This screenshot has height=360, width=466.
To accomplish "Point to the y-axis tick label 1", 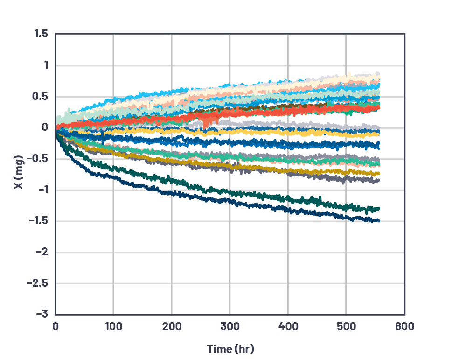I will pyautogui.click(x=45, y=65).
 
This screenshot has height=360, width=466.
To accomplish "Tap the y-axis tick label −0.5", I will pyautogui.click(x=39, y=159).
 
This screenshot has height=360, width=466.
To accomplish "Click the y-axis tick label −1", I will pyautogui.click(x=42, y=190).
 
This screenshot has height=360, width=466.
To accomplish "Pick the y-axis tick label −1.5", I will pyautogui.click(x=39, y=221).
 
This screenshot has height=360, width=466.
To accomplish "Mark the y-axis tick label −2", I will pyautogui.click(x=42, y=252).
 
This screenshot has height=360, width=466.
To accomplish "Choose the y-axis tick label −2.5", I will pyautogui.click(x=38, y=283).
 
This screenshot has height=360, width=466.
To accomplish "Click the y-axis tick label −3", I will pyautogui.click(x=42, y=314).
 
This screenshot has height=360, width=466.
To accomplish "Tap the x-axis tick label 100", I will pyautogui.click(x=113, y=326).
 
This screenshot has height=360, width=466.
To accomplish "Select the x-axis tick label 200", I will pyautogui.click(x=171, y=326).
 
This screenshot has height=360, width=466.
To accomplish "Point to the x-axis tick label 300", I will pyautogui.click(x=230, y=326).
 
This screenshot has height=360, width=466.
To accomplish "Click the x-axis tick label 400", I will pyautogui.click(x=288, y=326).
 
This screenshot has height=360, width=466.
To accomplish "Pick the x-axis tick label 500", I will pyautogui.click(x=346, y=326).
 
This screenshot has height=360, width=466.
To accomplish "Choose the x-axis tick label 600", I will pyautogui.click(x=404, y=326).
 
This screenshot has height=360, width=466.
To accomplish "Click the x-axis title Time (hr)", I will pyautogui.click(x=230, y=349).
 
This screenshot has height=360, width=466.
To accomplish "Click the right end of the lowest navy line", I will pyautogui.click(x=379, y=221).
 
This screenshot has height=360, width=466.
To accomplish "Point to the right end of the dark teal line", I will pyautogui.click(x=379, y=208).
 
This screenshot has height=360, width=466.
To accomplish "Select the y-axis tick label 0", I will pyautogui.click(x=45, y=127).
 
